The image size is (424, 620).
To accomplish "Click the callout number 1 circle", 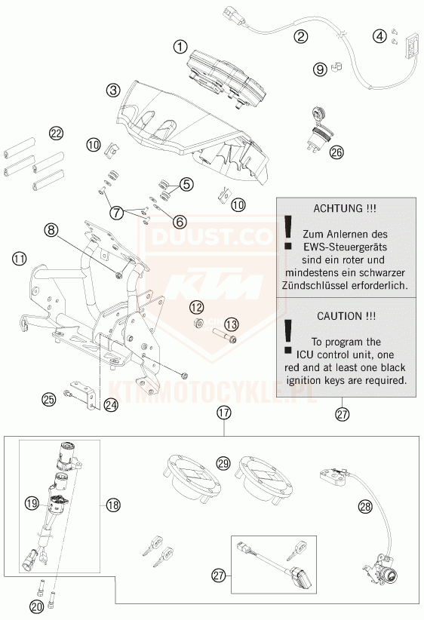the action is coord(180,48).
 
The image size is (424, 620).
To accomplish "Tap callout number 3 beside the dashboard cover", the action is coord(113,91).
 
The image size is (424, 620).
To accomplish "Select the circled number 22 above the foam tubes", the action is coord(56,134).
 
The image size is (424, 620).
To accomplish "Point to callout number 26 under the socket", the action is coord(337,152).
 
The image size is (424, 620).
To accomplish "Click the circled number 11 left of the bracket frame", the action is coord(20,259).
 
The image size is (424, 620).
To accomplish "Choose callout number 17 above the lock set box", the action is coord(224,413).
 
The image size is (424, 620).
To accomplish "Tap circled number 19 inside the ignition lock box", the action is coord(32,503).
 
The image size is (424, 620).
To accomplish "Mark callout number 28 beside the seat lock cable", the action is coord(365,506).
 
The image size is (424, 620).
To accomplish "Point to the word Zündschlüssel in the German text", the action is coord(337,285).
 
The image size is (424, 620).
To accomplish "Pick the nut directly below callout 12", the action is coord(199,323).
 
